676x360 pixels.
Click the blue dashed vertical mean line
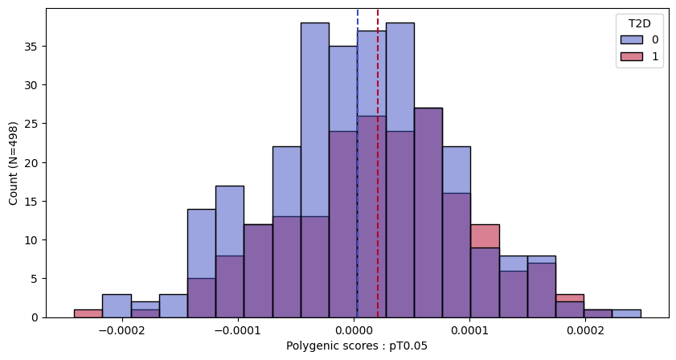pos(358,161)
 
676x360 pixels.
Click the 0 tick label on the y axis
pos(36,317)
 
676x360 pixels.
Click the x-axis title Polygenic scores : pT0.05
pos(357,346)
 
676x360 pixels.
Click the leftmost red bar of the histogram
pos(88,313)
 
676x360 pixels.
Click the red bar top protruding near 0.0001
pos(485,235)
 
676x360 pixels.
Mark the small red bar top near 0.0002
pos(569,298)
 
